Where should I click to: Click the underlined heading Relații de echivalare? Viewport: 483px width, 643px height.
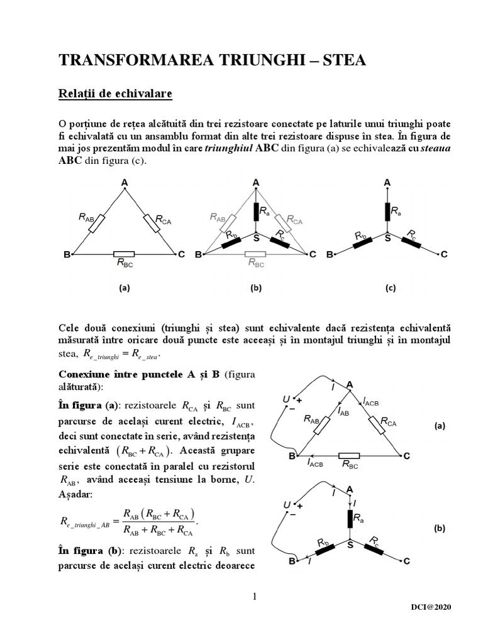coord(115,94)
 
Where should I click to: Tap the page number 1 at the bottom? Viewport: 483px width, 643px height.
coord(255,597)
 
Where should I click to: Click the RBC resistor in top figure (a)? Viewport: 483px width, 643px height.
coord(123,254)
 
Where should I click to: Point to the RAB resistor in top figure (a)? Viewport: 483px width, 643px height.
coord(98,224)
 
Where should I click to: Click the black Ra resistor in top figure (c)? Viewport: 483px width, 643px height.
coord(387,212)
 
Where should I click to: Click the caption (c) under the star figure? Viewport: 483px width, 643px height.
coord(391,288)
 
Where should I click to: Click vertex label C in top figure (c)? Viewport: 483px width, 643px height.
coord(444,254)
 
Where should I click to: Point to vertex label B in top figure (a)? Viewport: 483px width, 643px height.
coord(67,254)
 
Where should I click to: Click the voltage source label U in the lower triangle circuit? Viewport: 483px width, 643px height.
coord(286,399)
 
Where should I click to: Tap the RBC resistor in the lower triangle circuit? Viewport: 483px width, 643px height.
coord(349,455)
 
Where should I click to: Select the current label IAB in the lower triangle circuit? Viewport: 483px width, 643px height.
coord(343,411)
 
